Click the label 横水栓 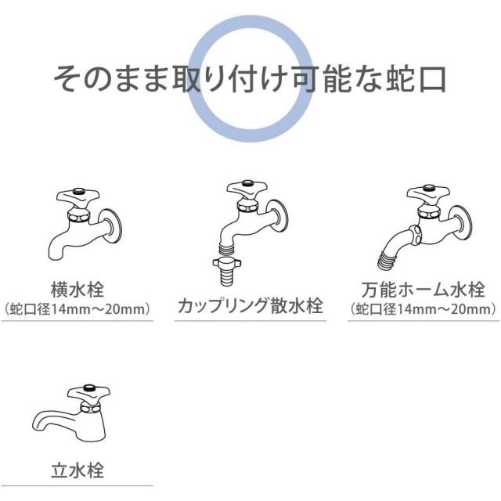[x=77, y=290]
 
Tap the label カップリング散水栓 [x=250, y=305]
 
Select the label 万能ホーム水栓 [x=423, y=290]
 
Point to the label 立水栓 [x=77, y=470]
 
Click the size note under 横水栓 [x=77, y=309]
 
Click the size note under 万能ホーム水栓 [x=423, y=309]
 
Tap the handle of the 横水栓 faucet [x=77, y=196]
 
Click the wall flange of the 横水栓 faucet [x=110, y=226]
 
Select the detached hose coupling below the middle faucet [x=227, y=271]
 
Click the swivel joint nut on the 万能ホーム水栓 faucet [x=416, y=235]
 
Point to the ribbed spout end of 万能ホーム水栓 [x=385, y=261]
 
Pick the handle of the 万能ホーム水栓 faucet [x=428, y=193]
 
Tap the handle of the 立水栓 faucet [x=88, y=394]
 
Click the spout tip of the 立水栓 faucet [x=36, y=426]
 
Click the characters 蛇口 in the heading [x=416, y=79]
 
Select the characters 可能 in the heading [x=322, y=79]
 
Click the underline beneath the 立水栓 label [x=77, y=486]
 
